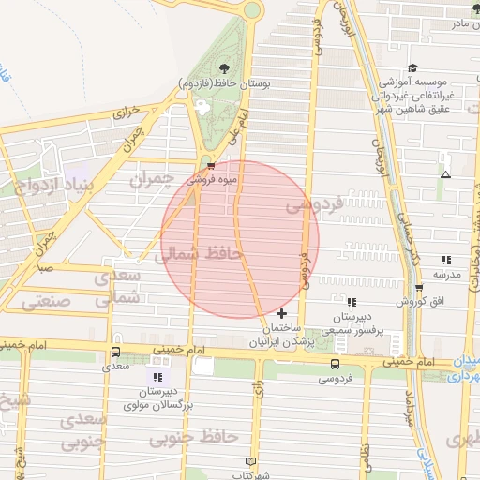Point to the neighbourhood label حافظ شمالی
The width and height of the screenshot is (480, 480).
(x=203, y=253)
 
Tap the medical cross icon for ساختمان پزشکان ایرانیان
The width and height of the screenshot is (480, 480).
(x=282, y=312)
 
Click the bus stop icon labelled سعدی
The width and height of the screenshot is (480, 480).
(x=116, y=352)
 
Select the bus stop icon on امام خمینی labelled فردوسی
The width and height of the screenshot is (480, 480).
(x=336, y=364)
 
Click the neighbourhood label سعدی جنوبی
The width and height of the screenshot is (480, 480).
(x=83, y=428)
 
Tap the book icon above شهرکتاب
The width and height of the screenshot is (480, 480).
(x=249, y=461)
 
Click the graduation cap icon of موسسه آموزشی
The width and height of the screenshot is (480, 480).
(x=412, y=68)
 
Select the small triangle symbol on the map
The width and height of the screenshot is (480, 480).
(x=445, y=174)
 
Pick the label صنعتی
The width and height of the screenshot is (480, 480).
(x=41, y=302)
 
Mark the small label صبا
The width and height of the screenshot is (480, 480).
(x=45, y=268)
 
